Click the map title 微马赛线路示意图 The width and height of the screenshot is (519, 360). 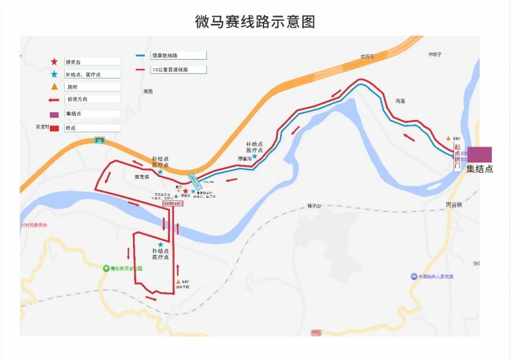tap(255, 21)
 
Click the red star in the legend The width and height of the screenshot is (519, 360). tap(54, 62)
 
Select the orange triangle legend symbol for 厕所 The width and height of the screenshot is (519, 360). tap(54, 86)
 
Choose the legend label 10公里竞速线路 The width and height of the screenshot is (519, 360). tap(169, 69)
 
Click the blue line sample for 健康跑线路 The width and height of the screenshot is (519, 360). tap(140, 56)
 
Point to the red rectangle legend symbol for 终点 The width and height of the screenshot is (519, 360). tap(54, 128)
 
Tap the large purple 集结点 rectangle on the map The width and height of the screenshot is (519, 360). tap(480, 154)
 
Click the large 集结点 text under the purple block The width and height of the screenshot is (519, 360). tap(480, 169)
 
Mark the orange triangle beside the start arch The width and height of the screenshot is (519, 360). tap(448, 138)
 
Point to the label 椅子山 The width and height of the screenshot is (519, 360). tap(315, 206)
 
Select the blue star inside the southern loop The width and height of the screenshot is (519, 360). tap(160, 245)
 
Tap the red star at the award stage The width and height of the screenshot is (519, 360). tap(186, 192)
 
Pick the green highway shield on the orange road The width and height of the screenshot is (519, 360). tap(99, 140)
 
